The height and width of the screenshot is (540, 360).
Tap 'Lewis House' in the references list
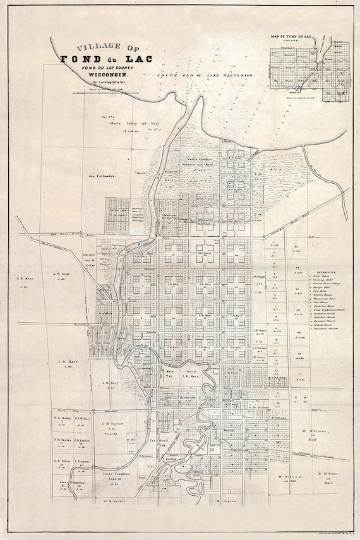[x=324, y=277]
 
